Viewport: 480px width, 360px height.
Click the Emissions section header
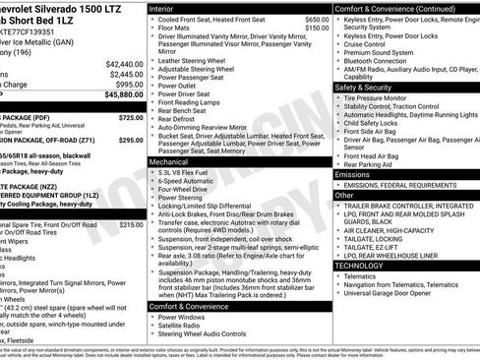pyautogui.click(x=353, y=174)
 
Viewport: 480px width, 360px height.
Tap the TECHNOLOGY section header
pyautogui.click(x=359, y=265)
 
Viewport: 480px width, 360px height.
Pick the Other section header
pyautogui.click(x=343, y=195)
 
